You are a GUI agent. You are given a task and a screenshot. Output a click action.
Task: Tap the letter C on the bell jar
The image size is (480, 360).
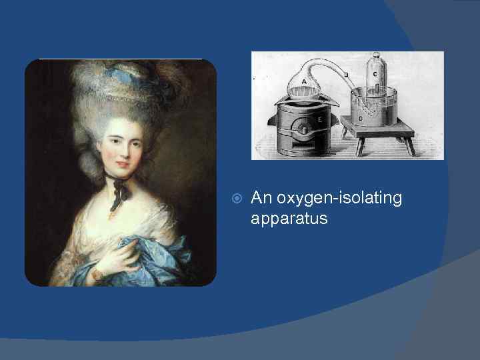point(375,74)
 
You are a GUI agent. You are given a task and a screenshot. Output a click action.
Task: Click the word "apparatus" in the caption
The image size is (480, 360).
point(289,217)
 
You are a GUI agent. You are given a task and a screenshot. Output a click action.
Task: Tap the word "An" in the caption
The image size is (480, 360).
point(262,198)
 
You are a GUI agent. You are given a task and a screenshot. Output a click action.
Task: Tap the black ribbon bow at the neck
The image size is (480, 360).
point(120,189)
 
